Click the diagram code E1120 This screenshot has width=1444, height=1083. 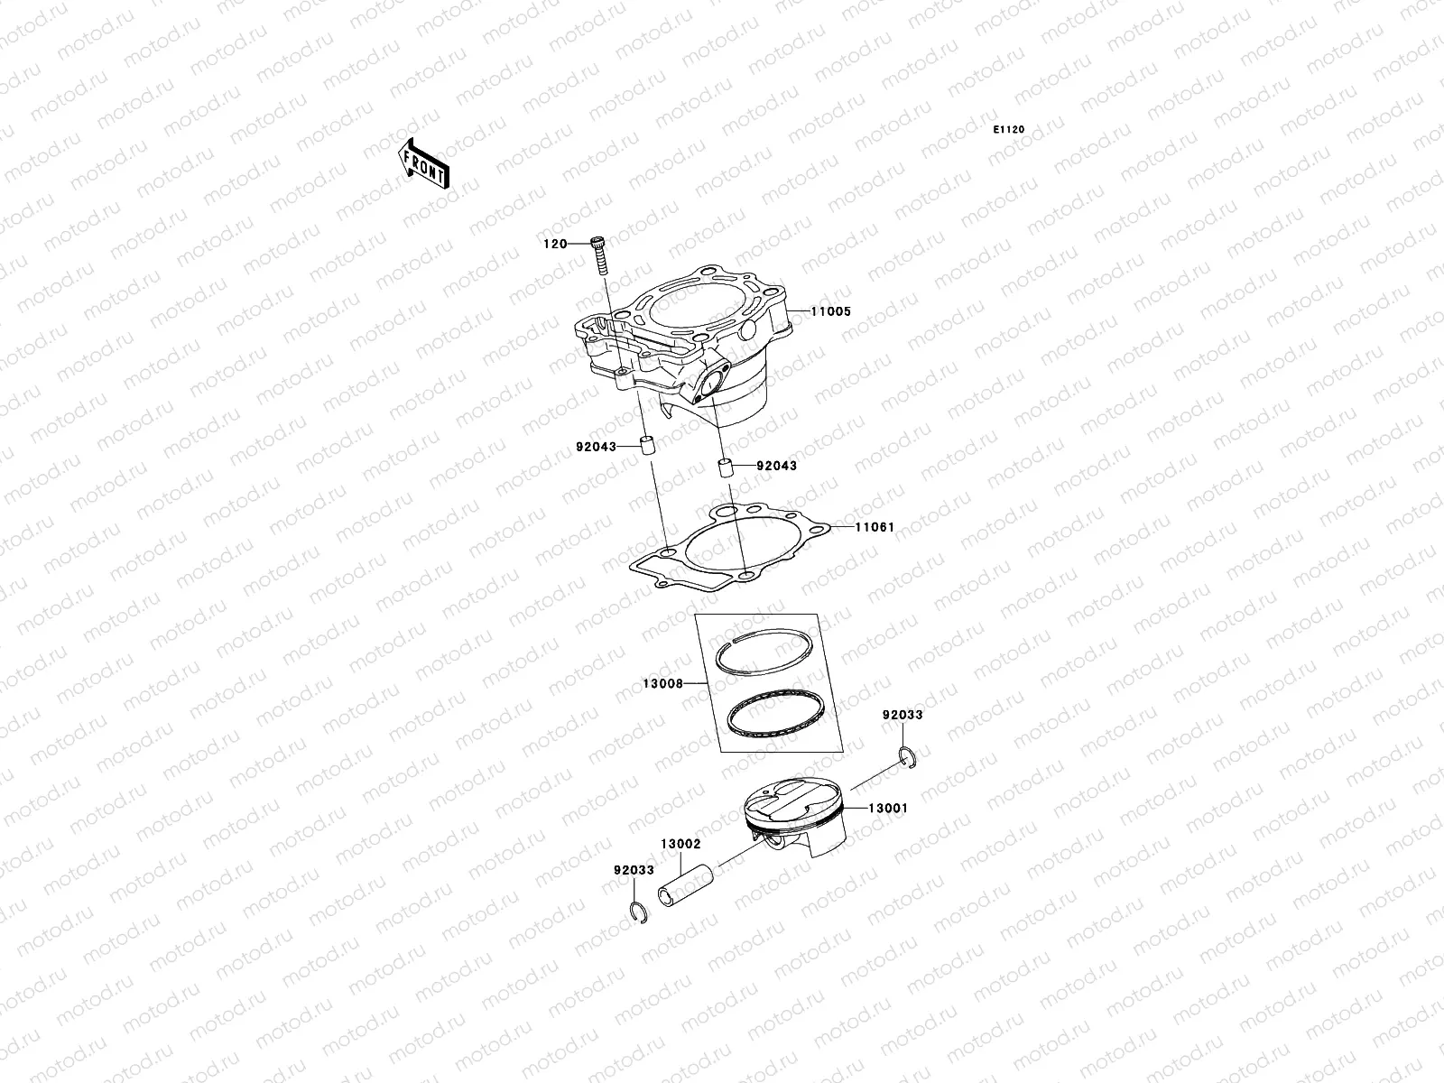tap(1009, 130)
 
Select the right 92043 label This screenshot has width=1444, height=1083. tap(776, 466)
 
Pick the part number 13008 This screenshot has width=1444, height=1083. tap(662, 684)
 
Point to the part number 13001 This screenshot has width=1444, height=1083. tap(888, 809)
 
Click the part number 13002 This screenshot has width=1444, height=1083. tap(680, 844)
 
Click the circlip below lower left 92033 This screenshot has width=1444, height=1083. tap(634, 912)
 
